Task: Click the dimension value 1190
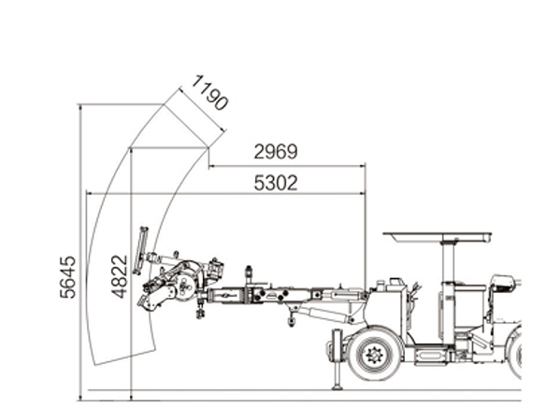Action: pyautogui.click(x=209, y=92)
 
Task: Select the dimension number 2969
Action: pyautogui.click(x=276, y=151)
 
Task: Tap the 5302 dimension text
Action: pyautogui.click(x=276, y=183)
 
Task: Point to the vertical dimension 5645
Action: pyautogui.click(x=68, y=276)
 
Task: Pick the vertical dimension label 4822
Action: pyautogui.click(x=119, y=276)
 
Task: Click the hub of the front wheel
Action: pyautogui.click(x=374, y=355)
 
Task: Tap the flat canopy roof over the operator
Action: pyautogui.click(x=438, y=237)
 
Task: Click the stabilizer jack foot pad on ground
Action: pyautogui.click(x=337, y=387)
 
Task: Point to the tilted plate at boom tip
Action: pyautogui.click(x=140, y=251)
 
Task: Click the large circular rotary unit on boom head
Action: pyautogui.click(x=186, y=286)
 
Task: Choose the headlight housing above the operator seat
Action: pyautogui.click(x=502, y=282)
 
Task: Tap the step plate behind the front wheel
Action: pyautogui.click(x=430, y=355)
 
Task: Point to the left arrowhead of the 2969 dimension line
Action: pyautogui.click(x=211, y=166)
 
